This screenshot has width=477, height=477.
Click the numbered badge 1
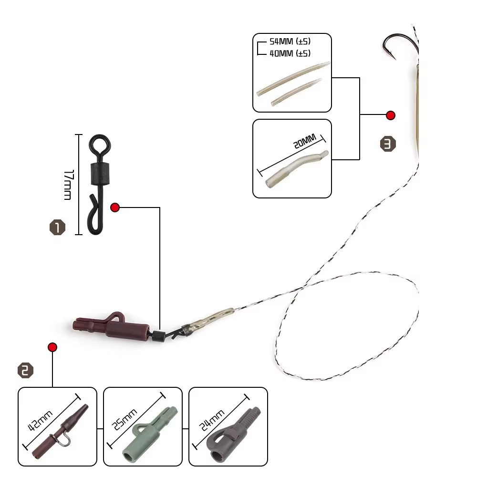[x=58, y=227]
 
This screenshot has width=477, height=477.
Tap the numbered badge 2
[x=26, y=370]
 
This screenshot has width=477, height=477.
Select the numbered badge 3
[x=388, y=144]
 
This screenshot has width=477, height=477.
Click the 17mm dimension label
[x=68, y=185]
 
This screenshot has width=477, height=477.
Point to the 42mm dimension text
[x=40, y=420]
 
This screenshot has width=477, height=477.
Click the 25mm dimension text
[x=124, y=419]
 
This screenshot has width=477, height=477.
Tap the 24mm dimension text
[x=212, y=420]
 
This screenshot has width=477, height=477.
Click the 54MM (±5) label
[x=290, y=41]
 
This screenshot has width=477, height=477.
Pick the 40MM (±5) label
[x=290, y=53]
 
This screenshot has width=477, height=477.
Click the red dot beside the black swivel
[x=115, y=207]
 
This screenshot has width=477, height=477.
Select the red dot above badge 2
[x=52, y=347]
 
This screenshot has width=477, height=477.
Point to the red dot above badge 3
[x=391, y=115]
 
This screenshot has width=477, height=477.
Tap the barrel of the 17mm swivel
[x=100, y=174]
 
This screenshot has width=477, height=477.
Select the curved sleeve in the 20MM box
[x=297, y=169]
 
